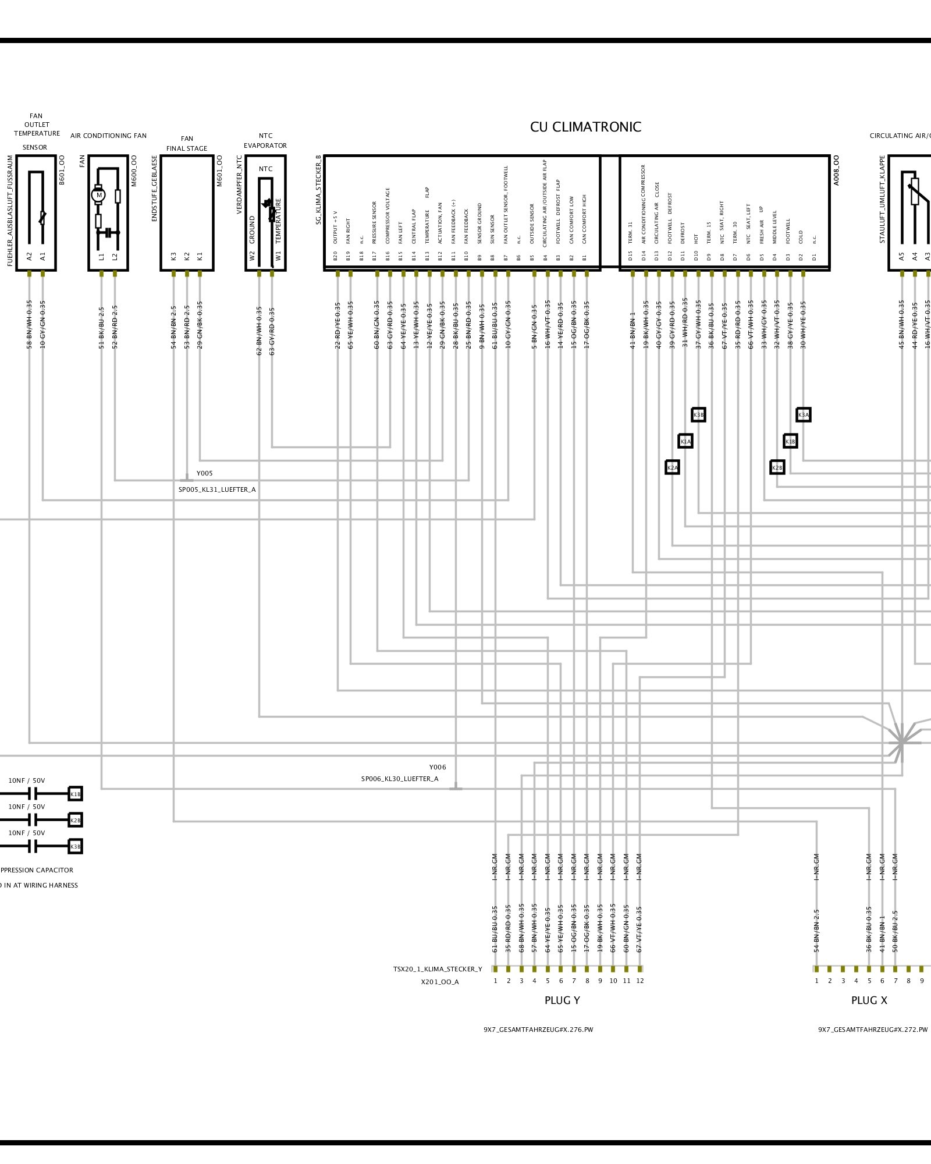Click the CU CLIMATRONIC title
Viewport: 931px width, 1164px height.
pyautogui.click(x=585, y=127)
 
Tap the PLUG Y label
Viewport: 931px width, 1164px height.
pyautogui.click(x=562, y=1000)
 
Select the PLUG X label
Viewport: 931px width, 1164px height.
pyautogui.click(x=869, y=1000)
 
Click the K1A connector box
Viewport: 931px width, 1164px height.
pyautogui.click(x=685, y=441)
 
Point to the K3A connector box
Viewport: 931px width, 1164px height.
pyautogui.click(x=803, y=415)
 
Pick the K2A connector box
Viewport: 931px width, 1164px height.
pyautogui.click(x=672, y=467)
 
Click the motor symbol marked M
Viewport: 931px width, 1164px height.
pyautogui.click(x=99, y=195)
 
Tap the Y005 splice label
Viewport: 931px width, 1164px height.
pyautogui.click(x=204, y=473)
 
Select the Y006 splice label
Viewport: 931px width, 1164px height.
pyautogui.click(x=438, y=767)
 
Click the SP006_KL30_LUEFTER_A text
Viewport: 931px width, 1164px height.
pyautogui.click(x=400, y=779)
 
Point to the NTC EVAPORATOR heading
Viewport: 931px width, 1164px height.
pyautogui.click(x=265, y=140)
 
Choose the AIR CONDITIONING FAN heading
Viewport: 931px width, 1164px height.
pyautogui.click(x=109, y=136)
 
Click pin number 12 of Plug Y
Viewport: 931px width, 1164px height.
pyautogui.click(x=640, y=981)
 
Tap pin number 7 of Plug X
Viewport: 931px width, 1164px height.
pyautogui.click(x=896, y=981)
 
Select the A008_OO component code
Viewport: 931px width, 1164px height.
pyautogui.click(x=837, y=170)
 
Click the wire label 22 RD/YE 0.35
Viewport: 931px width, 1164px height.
pyautogui.click(x=337, y=325)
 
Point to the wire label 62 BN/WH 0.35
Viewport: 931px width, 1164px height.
pyautogui.click(x=260, y=331)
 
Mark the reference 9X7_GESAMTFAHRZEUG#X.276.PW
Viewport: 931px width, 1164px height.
pyautogui.click(x=538, y=1030)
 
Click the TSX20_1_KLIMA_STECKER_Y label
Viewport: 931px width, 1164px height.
pyautogui.click(x=438, y=969)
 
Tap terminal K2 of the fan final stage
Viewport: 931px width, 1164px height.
pyautogui.click(x=187, y=256)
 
